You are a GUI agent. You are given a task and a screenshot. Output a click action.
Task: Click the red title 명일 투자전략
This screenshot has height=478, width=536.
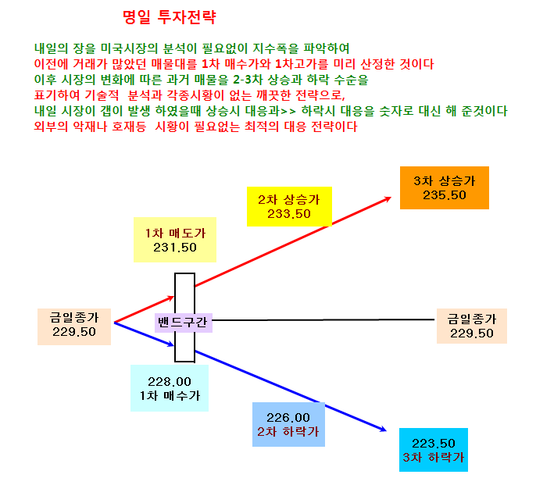click(170, 17)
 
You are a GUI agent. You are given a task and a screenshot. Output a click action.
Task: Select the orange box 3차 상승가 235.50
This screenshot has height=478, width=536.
click(445, 187)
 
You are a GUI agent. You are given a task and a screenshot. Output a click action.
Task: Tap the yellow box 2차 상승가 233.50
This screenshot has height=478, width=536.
click(289, 206)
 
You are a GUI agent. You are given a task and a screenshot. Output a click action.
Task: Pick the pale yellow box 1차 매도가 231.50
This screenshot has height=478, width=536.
click(175, 240)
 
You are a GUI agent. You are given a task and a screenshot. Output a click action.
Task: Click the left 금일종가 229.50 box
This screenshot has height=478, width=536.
click(74, 326)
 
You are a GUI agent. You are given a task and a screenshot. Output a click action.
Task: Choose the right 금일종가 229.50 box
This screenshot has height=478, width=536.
click(472, 326)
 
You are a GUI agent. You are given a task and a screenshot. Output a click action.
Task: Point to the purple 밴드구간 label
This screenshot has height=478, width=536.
click(184, 323)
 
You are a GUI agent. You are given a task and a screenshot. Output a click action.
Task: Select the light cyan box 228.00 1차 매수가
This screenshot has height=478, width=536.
click(170, 388)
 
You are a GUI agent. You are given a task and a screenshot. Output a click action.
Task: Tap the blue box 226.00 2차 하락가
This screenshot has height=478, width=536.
click(288, 424)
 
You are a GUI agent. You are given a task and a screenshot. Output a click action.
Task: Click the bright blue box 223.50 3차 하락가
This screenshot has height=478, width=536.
click(434, 450)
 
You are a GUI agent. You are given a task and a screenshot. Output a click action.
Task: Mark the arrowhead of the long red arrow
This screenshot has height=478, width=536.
click(388, 199)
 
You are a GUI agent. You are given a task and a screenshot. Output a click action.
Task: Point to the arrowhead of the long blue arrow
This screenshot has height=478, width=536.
click(383, 429)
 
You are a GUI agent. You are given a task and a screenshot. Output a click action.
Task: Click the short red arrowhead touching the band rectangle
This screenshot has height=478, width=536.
click(170, 298)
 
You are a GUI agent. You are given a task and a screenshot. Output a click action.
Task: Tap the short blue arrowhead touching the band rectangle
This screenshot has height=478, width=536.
click(170, 344)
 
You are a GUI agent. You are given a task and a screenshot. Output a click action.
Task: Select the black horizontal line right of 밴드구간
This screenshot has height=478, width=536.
click(323, 320)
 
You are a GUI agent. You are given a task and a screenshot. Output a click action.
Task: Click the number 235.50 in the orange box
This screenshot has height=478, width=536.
click(445, 195)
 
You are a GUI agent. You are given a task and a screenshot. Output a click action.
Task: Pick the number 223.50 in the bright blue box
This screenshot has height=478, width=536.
click(434, 443)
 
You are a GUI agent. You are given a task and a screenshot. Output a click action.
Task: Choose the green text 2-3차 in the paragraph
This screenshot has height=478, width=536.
click(248, 80)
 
